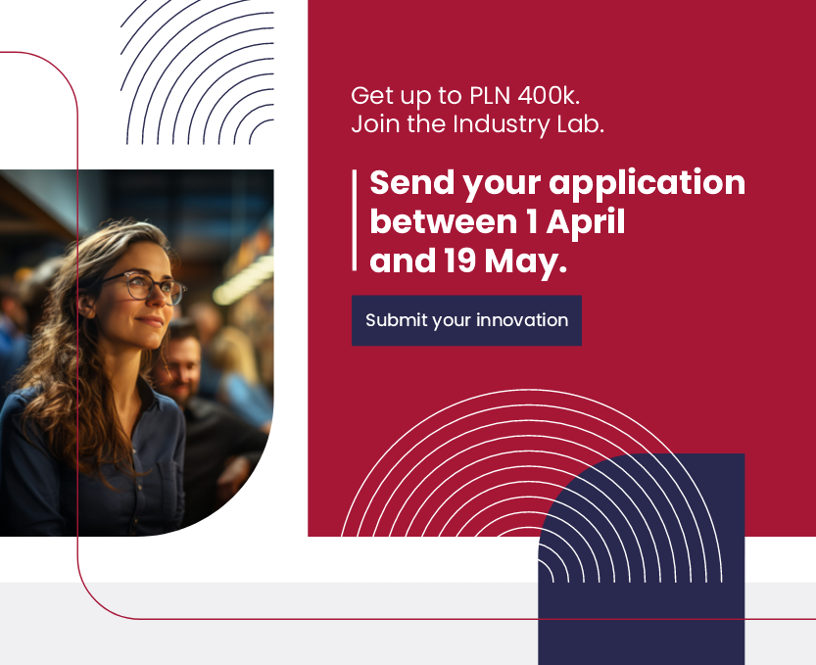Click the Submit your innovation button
pyautogui.click(x=466, y=320)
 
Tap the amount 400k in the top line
pyautogui.click(x=549, y=96)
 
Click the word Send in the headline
pyautogui.click(x=412, y=182)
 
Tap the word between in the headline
pyautogui.click(x=444, y=221)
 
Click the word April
pyautogui.click(x=586, y=223)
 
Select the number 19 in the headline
pyautogui.click(x=460, y=261)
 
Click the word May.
pyautogui.click(x=525, y=262)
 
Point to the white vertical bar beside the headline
pyautogui.click(x=355, y=220)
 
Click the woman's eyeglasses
pyautogui.click(x=144, y=287)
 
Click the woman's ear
pyautogui.click(x=86, y=305)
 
